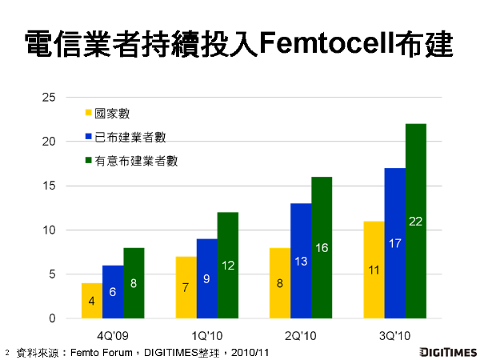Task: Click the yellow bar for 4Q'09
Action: click(92, 301)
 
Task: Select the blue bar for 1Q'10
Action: click(207, 278)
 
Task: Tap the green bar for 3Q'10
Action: click(416, 221)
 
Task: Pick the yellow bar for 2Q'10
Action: click(280, 283)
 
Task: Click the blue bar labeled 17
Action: click(395, 243)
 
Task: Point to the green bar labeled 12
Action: click(228, 265)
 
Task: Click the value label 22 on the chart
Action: click(416, 221)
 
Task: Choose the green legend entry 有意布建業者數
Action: click(136, 160)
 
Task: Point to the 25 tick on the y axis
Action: click(49, 98)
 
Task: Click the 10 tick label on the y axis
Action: click(49, 230)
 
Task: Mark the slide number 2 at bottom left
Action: click(6, 351)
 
